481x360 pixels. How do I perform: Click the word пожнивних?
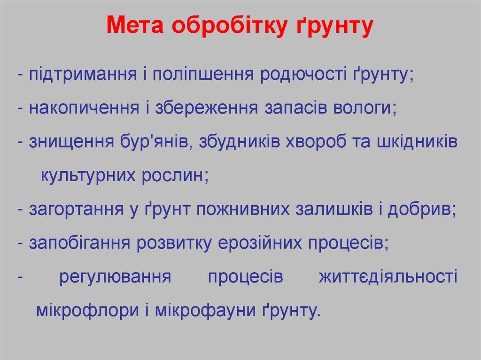[242, 209]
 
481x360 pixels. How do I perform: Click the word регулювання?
[115, 277]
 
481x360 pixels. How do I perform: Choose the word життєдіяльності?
[388, 277]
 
